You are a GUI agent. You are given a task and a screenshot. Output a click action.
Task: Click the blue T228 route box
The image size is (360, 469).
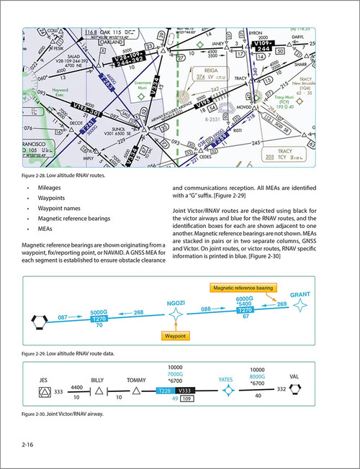pyautogui.click(x=165, y=390)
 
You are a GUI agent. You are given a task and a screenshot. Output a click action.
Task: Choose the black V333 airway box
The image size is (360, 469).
pyautogui.click(x=184, y=390)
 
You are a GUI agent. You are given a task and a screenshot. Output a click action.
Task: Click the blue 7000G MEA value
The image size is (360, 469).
pyautogui.click(x=174, y=374)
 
